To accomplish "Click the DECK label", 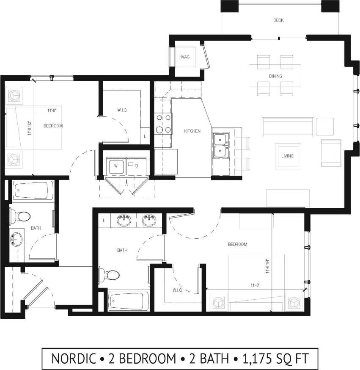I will pos(278,20).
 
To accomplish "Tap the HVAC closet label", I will pos(184,57).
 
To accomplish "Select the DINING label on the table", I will pos(275,76).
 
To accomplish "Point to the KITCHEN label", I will pos(192,131).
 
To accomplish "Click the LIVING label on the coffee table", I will pos(288,156).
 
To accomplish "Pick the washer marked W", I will pos(115,166).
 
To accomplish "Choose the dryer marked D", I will pos(137,166).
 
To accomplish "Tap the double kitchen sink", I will pos(221,145).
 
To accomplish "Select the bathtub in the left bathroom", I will pos(32,191).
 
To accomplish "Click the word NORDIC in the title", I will pos(74,359).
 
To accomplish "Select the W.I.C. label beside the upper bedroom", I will pos(122,110).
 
